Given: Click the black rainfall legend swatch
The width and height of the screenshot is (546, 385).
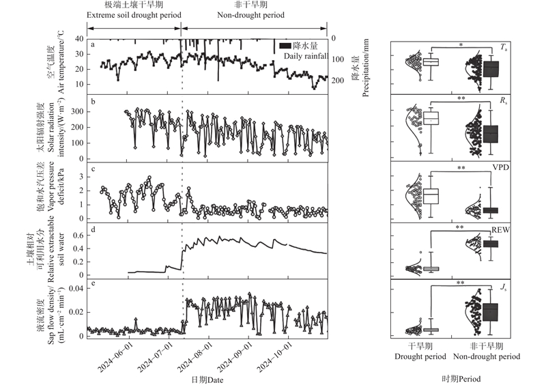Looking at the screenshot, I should coord(286,45).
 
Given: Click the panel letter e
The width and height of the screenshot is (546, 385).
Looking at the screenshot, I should coord(93,282).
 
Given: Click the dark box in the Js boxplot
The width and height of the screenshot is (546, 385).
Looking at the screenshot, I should coord(490,312).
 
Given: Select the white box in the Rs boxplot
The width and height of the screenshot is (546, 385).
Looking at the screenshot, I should coord(431,118).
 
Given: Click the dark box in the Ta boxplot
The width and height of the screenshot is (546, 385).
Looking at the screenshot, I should coord(490,68).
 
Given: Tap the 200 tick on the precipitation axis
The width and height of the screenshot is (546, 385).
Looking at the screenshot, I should coord(338,81).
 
